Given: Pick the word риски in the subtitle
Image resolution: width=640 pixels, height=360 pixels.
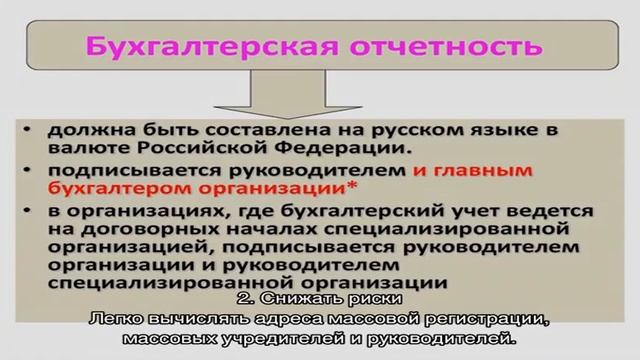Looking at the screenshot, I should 363,299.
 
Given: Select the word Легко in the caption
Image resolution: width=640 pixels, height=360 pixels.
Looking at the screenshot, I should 141,319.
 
